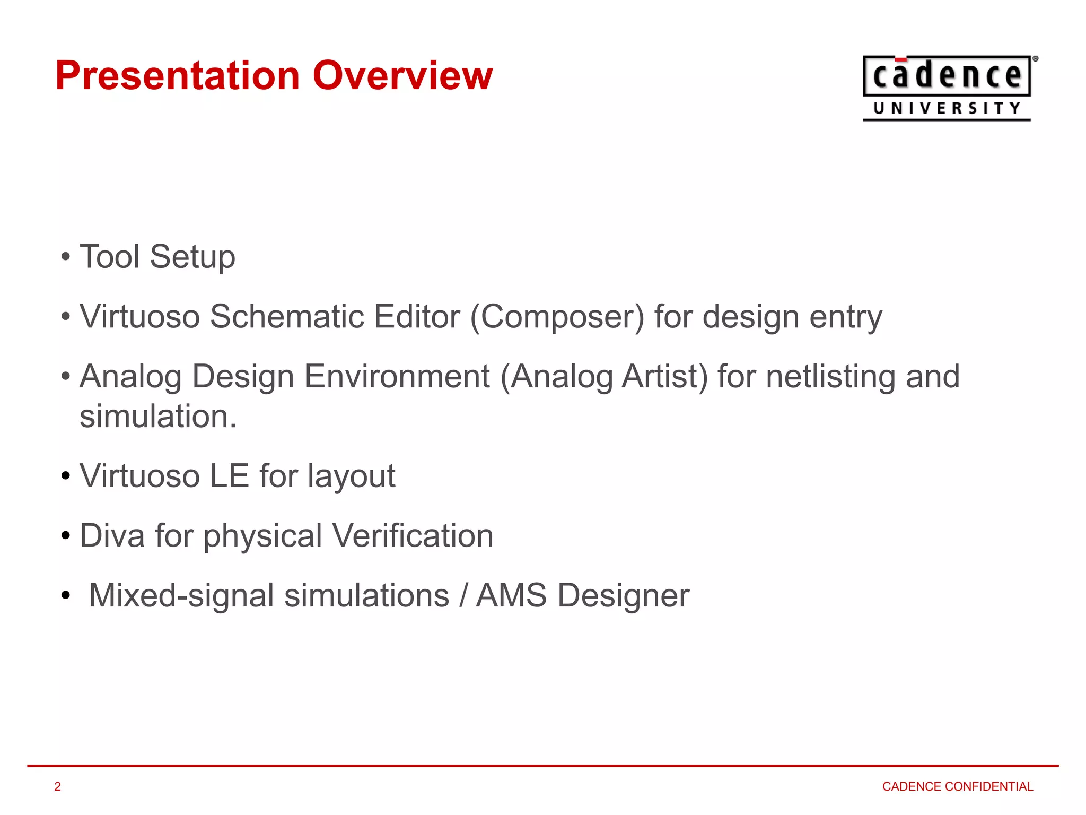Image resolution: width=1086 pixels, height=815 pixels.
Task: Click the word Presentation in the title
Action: [178, 76]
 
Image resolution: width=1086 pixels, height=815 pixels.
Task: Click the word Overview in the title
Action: [402, 76]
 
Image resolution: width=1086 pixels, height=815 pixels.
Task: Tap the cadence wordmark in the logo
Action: [947, 76]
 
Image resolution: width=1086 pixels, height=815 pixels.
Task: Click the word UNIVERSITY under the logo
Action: [947, 109]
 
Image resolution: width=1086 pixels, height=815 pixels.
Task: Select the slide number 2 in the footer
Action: [58, 786]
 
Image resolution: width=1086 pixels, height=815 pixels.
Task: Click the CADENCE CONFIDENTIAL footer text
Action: [957, 786]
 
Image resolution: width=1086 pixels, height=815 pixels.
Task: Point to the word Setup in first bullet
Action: [192, 257]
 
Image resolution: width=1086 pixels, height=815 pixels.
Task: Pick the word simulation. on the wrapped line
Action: [157, 417]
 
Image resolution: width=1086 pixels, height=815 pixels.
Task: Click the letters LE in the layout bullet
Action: [229, 476]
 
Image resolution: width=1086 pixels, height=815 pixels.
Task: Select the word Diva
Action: [112, 536]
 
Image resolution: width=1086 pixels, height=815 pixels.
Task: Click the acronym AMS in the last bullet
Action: [511, 595]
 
